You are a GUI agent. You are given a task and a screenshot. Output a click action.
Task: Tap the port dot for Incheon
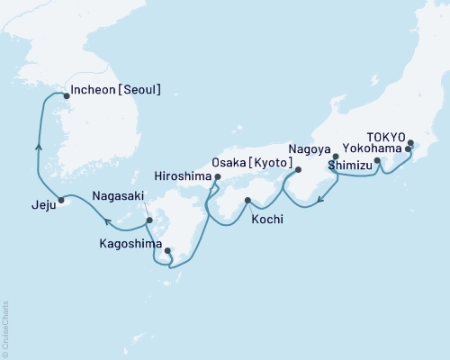[66, 93]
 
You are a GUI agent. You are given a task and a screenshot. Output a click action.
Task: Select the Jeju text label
[33, 204]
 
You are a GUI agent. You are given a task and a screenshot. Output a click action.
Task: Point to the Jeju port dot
[61, 200]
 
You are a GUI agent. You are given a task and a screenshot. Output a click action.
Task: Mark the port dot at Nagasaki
[150, 220]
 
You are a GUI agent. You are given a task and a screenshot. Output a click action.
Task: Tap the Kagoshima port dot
[167, 251]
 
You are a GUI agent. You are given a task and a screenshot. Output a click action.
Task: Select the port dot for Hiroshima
[217, 178]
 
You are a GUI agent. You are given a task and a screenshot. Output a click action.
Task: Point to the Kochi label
[269, 218]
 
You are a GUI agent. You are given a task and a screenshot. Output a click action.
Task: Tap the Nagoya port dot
[335, 157]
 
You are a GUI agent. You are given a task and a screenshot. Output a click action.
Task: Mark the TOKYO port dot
[411, 142]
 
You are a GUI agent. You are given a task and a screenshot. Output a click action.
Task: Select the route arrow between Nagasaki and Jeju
[106, 220]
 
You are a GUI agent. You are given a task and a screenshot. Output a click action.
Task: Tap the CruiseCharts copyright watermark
[5, 328]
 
